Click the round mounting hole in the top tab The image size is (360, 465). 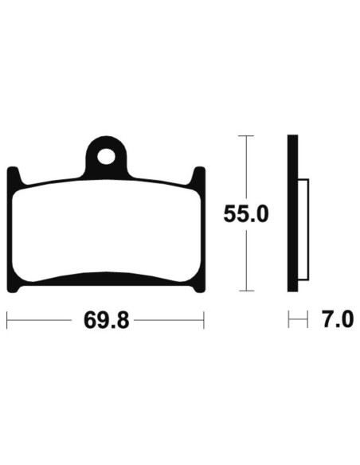point(106,154)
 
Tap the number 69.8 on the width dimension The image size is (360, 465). point(106,321)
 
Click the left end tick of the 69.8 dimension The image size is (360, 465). point(7,321)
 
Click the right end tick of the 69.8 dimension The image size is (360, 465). point(205,321)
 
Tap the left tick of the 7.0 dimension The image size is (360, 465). point(288,321)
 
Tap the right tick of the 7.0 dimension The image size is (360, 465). point(307,321)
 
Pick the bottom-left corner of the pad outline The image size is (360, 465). point(10,289)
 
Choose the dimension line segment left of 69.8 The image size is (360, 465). point(44,321)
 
